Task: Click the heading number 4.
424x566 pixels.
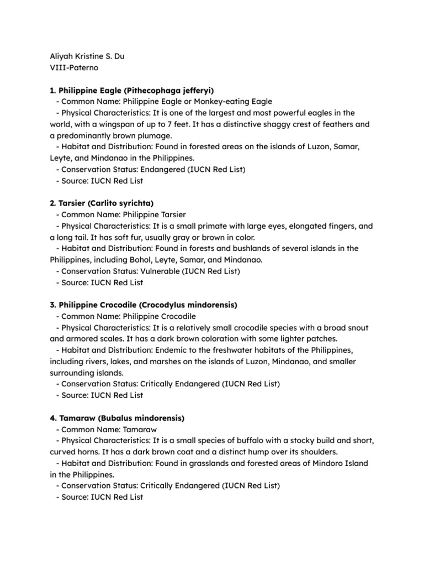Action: pyautogui.click(x=52, y=418)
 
